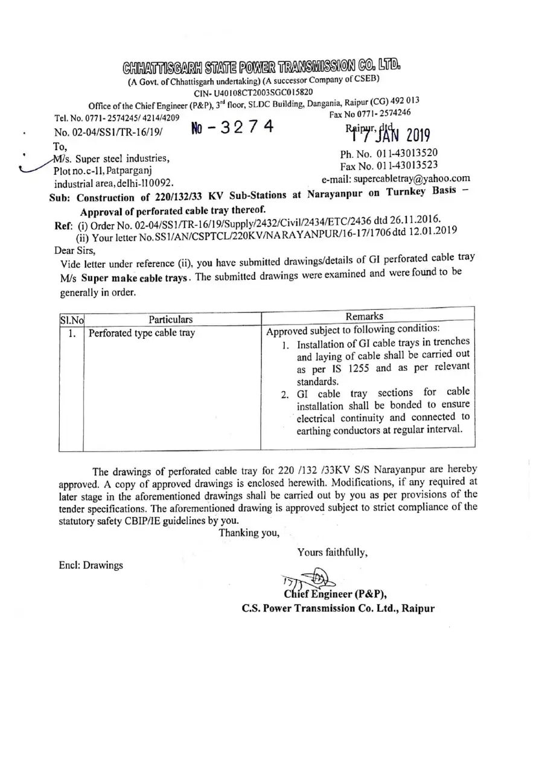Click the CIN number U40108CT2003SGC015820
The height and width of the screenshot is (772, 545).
(253, 92)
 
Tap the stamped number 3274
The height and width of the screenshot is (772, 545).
(233, 127)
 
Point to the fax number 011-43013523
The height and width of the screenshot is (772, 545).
(389, 165)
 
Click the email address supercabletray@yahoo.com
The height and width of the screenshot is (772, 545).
(396, 178)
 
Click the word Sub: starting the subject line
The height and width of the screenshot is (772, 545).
(60, 198)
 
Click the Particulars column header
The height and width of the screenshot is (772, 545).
(171, 319)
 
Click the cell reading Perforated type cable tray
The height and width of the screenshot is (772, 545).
(142, 333)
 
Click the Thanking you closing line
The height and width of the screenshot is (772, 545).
(249, 532)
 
